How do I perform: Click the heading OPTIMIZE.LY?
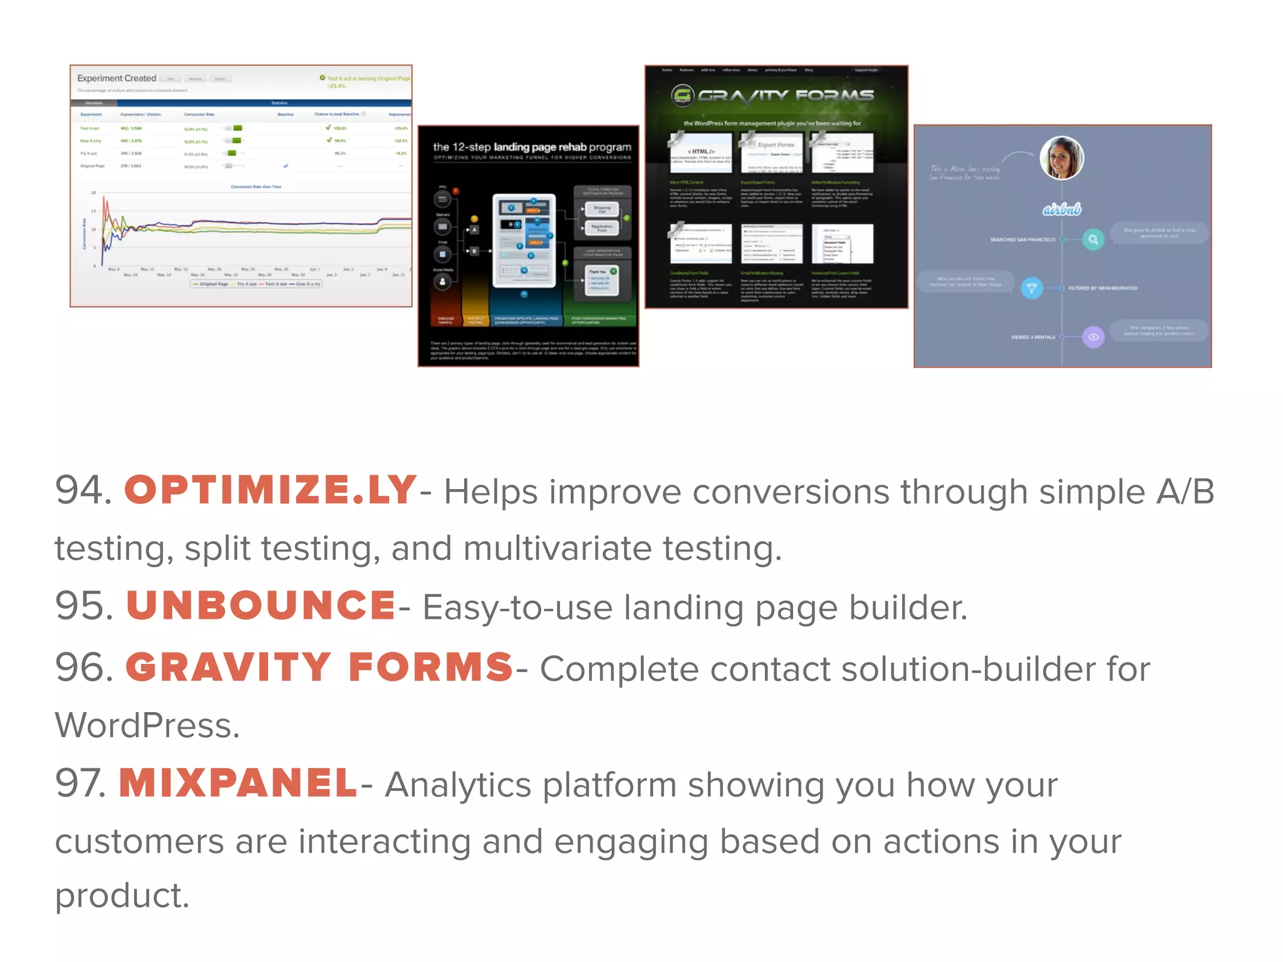tap(270, 490)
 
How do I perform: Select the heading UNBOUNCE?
tap(261, 606)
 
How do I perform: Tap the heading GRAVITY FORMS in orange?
tap(319, 668)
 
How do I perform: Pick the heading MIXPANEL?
tap(239, 784)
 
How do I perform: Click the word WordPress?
tap(147, 726)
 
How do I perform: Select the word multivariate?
tap(557, 549)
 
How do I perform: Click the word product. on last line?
tap(122, 896)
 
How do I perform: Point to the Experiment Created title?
tap(117, 78)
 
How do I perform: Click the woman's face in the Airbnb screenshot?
tap(1061, 157)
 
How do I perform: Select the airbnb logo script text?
tap(1061, 209)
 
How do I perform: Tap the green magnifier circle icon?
tap(1093, 239)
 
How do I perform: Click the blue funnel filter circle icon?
tap(1031, 288)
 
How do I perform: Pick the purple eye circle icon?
tap(1093, 337)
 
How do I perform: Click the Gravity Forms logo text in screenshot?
tap(786, 96)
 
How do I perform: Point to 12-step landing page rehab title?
tap(532, 147)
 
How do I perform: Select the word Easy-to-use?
tap(517, 608)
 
